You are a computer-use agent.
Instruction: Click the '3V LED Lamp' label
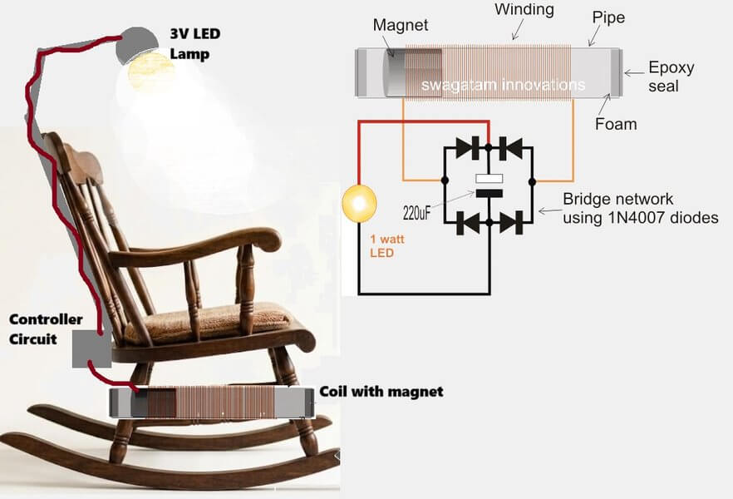coord(195,44)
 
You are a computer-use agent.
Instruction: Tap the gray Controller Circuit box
coord(91,348)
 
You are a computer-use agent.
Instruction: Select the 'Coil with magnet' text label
coord(381,392)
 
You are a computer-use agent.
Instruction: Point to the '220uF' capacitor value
coord(416,214)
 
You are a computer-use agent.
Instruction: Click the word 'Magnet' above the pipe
coord(401,25)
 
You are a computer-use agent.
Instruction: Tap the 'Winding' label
coord(524,9)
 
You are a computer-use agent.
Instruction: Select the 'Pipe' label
coord(608,17)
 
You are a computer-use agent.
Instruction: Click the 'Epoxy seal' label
coord(671,77)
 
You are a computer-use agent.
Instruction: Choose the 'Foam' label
coord(616,124)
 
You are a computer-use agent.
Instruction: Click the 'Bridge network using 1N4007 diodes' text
coord(641,208)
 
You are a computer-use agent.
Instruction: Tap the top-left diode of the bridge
coord(467,148)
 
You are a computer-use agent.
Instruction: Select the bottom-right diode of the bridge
coord(511,223)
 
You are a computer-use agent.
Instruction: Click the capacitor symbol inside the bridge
coord(489,185)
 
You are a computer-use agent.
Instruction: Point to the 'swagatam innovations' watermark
coord(503,85)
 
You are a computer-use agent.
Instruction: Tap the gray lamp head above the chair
coord(136,43)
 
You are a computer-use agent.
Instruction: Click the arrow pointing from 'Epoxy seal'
coord(634,73)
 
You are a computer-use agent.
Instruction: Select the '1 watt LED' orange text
coord(386,246)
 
